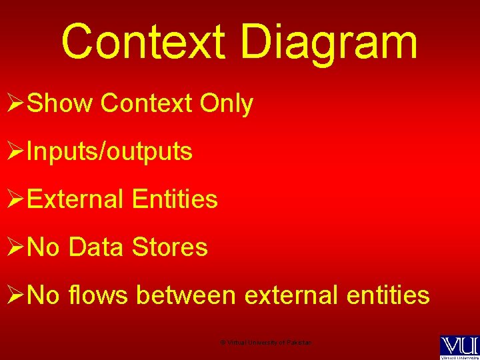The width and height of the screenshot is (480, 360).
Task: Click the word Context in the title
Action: tap(145, 41)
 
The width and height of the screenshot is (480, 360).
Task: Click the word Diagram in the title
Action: tap(329, 41)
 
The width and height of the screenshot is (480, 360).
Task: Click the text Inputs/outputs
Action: tap(110, 152)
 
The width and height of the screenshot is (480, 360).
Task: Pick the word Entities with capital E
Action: tap(175, 199)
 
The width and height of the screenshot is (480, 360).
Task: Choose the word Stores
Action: tap(170, 247)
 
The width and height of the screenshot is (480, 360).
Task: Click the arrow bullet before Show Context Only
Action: tap(15, 105)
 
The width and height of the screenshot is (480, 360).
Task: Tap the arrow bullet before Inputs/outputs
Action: tap(15, 153)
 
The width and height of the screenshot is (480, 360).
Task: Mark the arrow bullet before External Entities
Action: tap(15, 200)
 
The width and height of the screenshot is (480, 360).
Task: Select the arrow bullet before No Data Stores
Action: tap(15, 248)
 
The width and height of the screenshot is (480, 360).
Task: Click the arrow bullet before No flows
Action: tap(15, 295)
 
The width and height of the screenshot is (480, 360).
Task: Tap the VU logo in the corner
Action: tap(459, 347)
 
